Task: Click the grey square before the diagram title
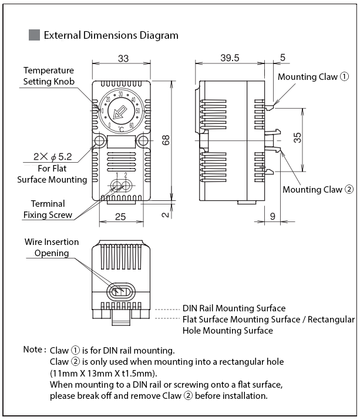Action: tap(34, 35)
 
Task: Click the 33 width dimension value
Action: tap(123, 58)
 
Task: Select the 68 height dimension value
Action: tap(167, 140)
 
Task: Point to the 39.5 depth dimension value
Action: tap(230, 58)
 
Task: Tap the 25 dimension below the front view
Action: tap(121, 217)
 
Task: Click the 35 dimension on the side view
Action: tap(298, 137)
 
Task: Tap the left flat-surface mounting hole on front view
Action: tap(99, 141)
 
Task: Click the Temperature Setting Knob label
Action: tap(49, 76)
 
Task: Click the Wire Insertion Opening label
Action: tap(51, 247)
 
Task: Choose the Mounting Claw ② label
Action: tap(318, 189)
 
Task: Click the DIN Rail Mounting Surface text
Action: tap(234, 308)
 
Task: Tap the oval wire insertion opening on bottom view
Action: tap(122, 290)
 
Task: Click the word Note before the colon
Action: tap(32, 350)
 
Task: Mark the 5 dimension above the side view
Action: tap(282, 58)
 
